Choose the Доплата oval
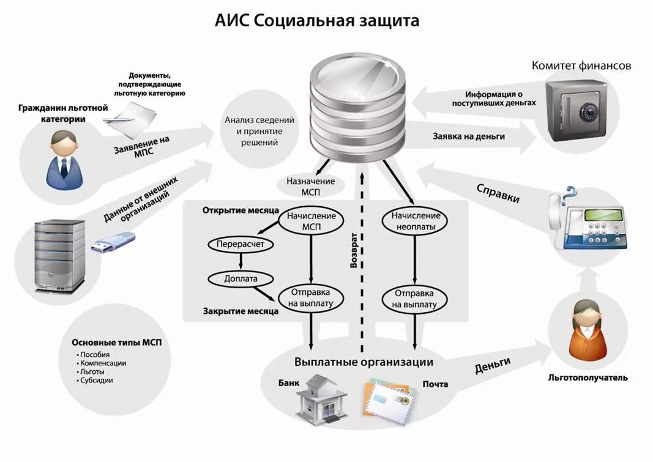coord(241,278)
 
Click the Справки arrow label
coord(498,193)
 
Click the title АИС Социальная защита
coord(317,21)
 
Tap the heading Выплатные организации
coord(364,362)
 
